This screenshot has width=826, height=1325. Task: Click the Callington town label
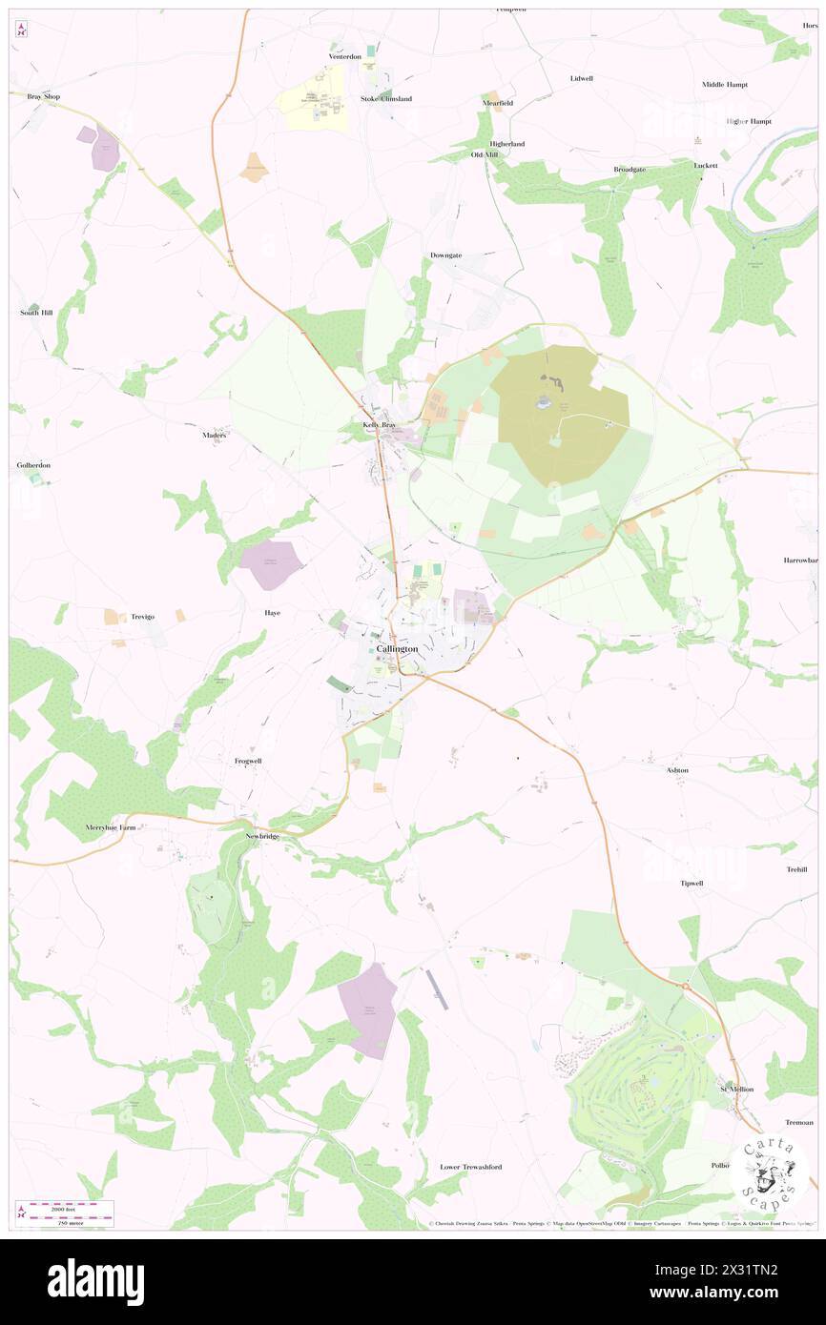coord(397,648)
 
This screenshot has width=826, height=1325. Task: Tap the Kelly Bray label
coord(379,424)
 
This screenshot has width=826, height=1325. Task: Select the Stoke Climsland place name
coord(385,98)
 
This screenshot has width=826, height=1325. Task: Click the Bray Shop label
coord(43,96)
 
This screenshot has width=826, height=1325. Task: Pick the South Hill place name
coord(35,313)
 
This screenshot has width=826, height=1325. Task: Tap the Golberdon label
coord(32,465)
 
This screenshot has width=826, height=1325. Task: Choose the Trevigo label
coord(136,617)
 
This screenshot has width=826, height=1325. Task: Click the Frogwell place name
coord(248,761)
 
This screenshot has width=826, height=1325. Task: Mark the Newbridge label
coord(262,835)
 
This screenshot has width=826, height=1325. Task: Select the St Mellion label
coord(736,1089)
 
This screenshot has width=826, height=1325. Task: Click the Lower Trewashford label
coord(470,1166)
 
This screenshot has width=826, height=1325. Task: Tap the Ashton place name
coord(676,769)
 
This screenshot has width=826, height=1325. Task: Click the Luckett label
coord(705,165)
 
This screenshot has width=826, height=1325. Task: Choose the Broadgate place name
coord(630,169)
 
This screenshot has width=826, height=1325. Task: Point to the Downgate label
coord(445,255)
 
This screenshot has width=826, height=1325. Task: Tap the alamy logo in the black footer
coord(95,1282)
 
